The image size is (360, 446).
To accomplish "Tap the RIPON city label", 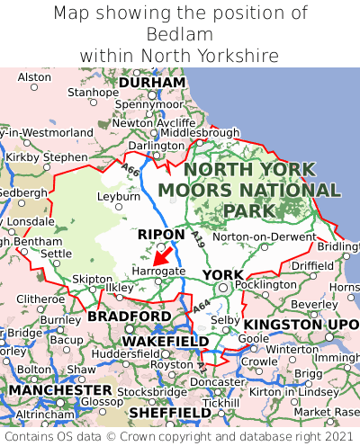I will coord(161,235).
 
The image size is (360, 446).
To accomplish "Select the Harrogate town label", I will coord(158,270).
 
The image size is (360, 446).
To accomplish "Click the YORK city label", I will coord(222,274).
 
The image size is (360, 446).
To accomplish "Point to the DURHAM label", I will coord(152,83).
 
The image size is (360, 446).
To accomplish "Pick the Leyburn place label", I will coord(119,195).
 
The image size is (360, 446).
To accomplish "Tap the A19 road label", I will coord(198,238).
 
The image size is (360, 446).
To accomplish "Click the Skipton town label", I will coord(91,279).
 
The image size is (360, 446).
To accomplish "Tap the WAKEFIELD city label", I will coord(165,342).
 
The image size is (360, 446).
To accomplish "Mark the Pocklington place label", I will coord(265,284).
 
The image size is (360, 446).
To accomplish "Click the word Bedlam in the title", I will coord(179,35).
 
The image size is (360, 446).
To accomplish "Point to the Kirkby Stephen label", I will coord(47,156).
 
